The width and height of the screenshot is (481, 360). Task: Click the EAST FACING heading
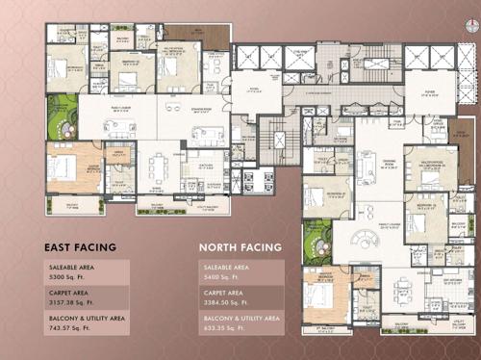click(x=81, y=247)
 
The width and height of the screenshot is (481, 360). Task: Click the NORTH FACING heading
click(x=240, y=247)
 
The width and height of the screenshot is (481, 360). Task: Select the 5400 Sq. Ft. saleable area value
click(x=223, y=277)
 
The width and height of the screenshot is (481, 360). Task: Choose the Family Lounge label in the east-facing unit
click(x=120, y=111)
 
